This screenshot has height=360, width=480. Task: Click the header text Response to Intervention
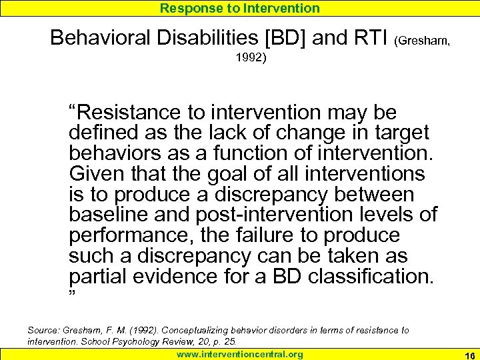239,8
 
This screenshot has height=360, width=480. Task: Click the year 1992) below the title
251,58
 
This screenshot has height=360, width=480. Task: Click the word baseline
107,215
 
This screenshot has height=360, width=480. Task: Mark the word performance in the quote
127,236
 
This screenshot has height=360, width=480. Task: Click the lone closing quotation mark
72,295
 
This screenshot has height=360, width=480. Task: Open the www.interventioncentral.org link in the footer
239,354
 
